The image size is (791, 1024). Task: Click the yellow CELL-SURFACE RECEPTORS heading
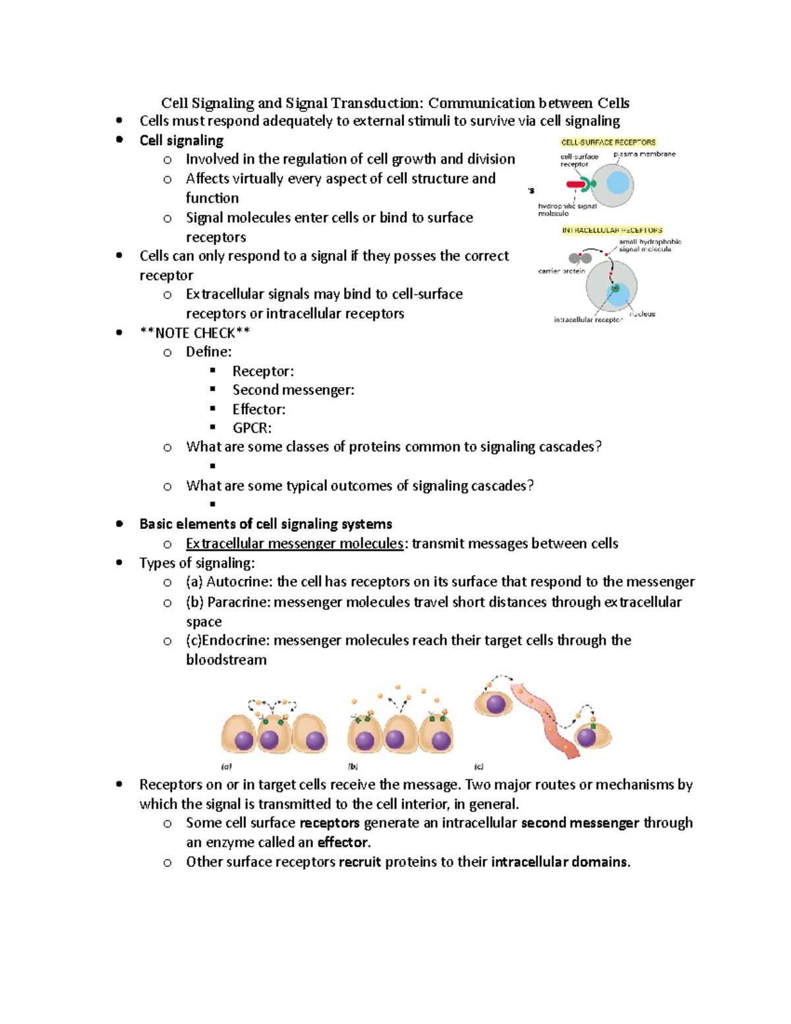[608, 142]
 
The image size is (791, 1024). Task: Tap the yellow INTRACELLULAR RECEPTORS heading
[612, 230]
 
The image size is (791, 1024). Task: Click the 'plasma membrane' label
[644, 154]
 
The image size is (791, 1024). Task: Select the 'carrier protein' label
[561, 271]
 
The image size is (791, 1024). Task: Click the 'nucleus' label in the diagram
[642, 314]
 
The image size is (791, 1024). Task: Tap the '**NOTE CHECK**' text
[194, 333]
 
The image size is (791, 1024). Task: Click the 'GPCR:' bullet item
[252, 428]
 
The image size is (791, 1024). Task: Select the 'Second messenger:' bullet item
[293, 390]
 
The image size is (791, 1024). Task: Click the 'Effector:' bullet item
[258, 409]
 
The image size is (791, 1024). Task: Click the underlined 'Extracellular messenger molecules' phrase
[295, 543]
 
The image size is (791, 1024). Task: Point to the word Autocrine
[239, 582]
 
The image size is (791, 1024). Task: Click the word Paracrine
[239, 602]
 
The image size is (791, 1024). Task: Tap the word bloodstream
[226, 660]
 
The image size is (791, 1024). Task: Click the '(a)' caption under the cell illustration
[226, 767]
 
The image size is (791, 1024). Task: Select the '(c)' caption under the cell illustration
[479, 767]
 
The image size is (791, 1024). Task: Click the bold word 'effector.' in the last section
[343, 843]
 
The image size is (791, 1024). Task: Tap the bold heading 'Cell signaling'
[181, 140]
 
